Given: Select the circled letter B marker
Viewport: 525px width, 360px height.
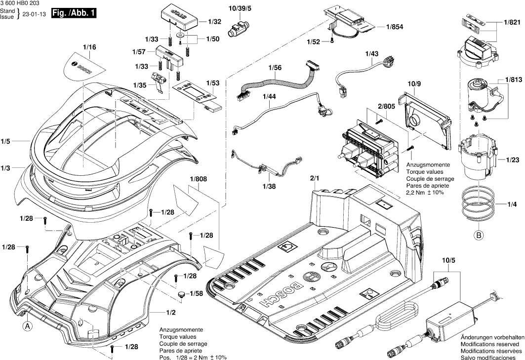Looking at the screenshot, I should pos(478,236).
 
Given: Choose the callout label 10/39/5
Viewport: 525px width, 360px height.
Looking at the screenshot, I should pos(240,9).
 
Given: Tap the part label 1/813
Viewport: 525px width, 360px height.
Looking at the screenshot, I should pos(513,79).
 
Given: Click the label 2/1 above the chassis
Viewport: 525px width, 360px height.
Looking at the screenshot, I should pos(315,177).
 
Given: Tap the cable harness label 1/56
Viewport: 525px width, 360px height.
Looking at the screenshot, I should pos(275,67).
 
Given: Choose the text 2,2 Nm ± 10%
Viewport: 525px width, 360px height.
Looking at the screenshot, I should pos(424,192).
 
